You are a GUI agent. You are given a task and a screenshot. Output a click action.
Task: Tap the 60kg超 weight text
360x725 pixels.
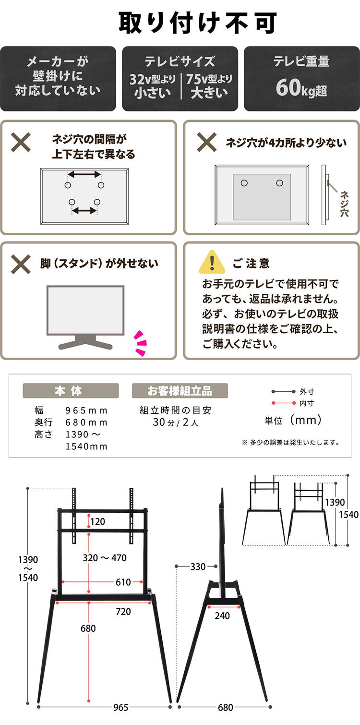pyautogui.click(x=301, y=88)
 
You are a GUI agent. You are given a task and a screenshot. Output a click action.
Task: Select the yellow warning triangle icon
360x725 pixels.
pyautogui.click(x=212, y=262)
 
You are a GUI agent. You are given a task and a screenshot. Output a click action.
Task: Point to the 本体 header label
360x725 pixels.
pyautogui.click(x=71, y=391)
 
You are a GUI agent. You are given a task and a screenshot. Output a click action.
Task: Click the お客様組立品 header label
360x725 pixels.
pyautogui.click(x=180, y=391)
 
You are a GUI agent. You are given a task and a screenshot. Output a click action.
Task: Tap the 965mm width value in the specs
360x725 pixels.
pyautogui.click(x=86, y=411)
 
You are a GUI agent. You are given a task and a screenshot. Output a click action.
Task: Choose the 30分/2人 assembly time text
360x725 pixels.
pyautogui.click(x=175, y=423)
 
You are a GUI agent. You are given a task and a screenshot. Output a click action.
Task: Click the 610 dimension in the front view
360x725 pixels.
pyautogui.click(x=123, y=582)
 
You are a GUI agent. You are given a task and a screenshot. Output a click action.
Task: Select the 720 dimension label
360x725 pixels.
pyautogui.click(x=123, y=612)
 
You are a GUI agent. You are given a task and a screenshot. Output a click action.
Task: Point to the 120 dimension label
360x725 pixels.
pyautogui.click(x=97, y=521)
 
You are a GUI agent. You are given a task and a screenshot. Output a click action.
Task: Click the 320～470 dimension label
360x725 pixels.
pyautogui.click(x=105, y=557)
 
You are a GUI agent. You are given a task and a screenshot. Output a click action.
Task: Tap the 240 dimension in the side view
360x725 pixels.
pyautogui.click(x=222, y=616)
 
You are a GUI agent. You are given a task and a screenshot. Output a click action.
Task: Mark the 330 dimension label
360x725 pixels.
pyautogui.click(x=198, y=567)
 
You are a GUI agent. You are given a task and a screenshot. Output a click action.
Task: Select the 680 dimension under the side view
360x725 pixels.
pyautogui.click(x=225, y=707)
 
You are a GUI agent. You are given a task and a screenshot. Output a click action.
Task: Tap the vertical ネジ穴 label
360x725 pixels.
pyautogui.click(x=345, y=204)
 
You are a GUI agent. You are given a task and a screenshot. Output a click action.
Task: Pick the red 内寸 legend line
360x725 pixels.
pyautogui.click(x=283, y=403)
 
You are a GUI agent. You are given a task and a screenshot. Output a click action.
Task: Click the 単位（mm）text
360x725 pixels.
pyautogui.click(x=293, y=421)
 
